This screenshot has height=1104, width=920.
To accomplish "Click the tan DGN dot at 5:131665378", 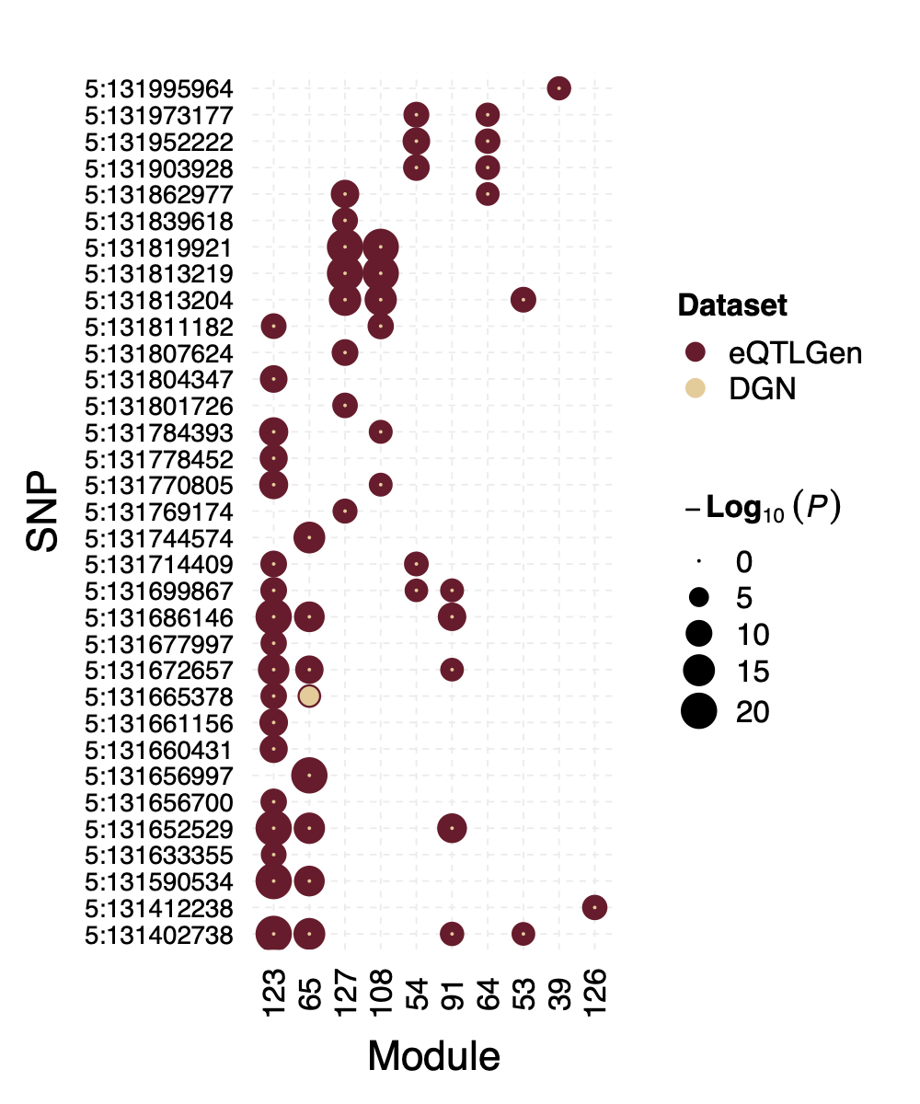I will click(x=309, y=696).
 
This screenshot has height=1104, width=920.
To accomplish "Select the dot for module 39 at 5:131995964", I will click(x=558, y=88).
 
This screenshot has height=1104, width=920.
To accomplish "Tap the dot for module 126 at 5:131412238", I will click(x=594, y=908).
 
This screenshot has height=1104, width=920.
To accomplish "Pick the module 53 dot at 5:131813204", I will click(x=523, y=299).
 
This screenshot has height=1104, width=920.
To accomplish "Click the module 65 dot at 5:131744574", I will click(x=309, y=537).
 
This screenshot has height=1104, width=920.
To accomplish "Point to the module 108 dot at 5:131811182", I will click(x=380, y=326).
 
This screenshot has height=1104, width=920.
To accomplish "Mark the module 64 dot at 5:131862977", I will click(x=488, y=194).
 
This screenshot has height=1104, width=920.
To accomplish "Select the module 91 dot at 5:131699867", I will click(x=452, y=590).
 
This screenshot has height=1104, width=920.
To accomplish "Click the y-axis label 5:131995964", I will click(x=158, y=89).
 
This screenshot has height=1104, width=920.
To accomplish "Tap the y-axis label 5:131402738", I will click(x=158, y=935).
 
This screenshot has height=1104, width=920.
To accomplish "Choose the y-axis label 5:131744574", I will click(x=158, y=537).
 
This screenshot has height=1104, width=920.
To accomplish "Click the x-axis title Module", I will click(x=433, y=1056).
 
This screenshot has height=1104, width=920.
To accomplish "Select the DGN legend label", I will click(x=762, y=389).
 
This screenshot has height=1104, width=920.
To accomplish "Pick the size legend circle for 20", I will click(x=699, y=711).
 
